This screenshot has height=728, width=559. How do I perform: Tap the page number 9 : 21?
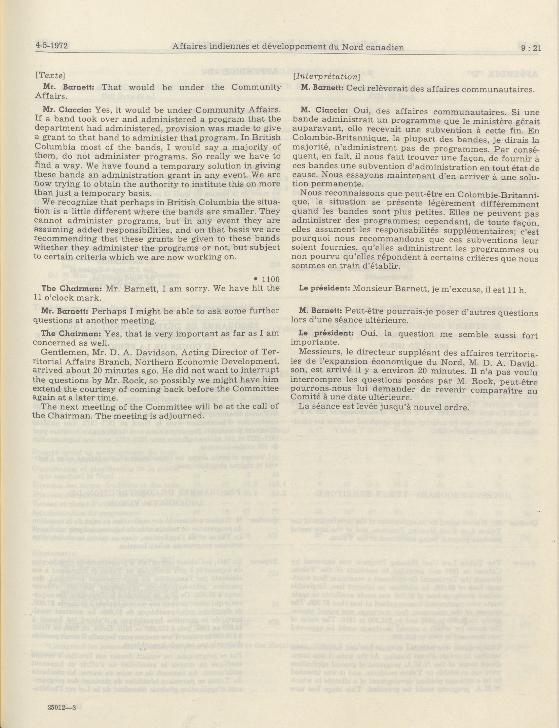[x=531, y=48]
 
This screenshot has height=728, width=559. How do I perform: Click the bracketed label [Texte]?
[x=50, y=75]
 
